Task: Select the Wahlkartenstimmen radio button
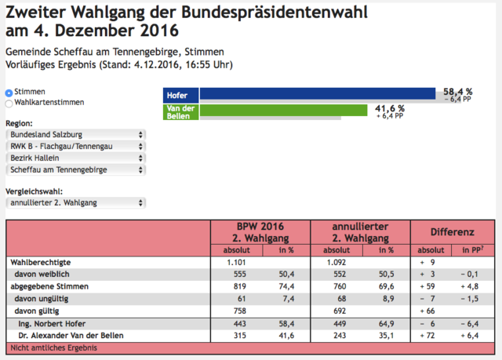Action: (x=9, y=104)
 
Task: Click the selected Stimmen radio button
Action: (x=9, y=93)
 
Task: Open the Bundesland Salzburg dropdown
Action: (x=76, y=135)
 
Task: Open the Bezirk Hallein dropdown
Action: (x=76, y=158)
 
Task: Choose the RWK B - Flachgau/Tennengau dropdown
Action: (x=76, y=147)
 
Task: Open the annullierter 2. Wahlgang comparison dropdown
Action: (x=76, y=203)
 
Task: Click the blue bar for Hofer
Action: (x=318, y=93)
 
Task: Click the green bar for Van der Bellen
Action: (x=284, y=110)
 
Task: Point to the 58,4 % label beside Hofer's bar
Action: (x=458, y=92)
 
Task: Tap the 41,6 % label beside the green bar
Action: (x=390, y=109)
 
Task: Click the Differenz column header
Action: (x=452, y=232)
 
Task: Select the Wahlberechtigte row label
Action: (x=41, y=263)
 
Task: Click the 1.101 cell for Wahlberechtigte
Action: (x=236, y=263)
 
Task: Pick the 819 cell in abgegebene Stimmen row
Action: (x=240, y=286)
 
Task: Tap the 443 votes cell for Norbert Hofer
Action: (x=240, y=324)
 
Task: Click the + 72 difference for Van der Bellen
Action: (x=427, y=336)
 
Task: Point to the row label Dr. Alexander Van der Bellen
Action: (x=71, y=336)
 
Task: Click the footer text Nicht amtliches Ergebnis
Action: (x=54, y=347)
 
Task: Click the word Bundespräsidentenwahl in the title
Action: (x=275, y=13)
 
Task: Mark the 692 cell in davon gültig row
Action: (x=340, y=311)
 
